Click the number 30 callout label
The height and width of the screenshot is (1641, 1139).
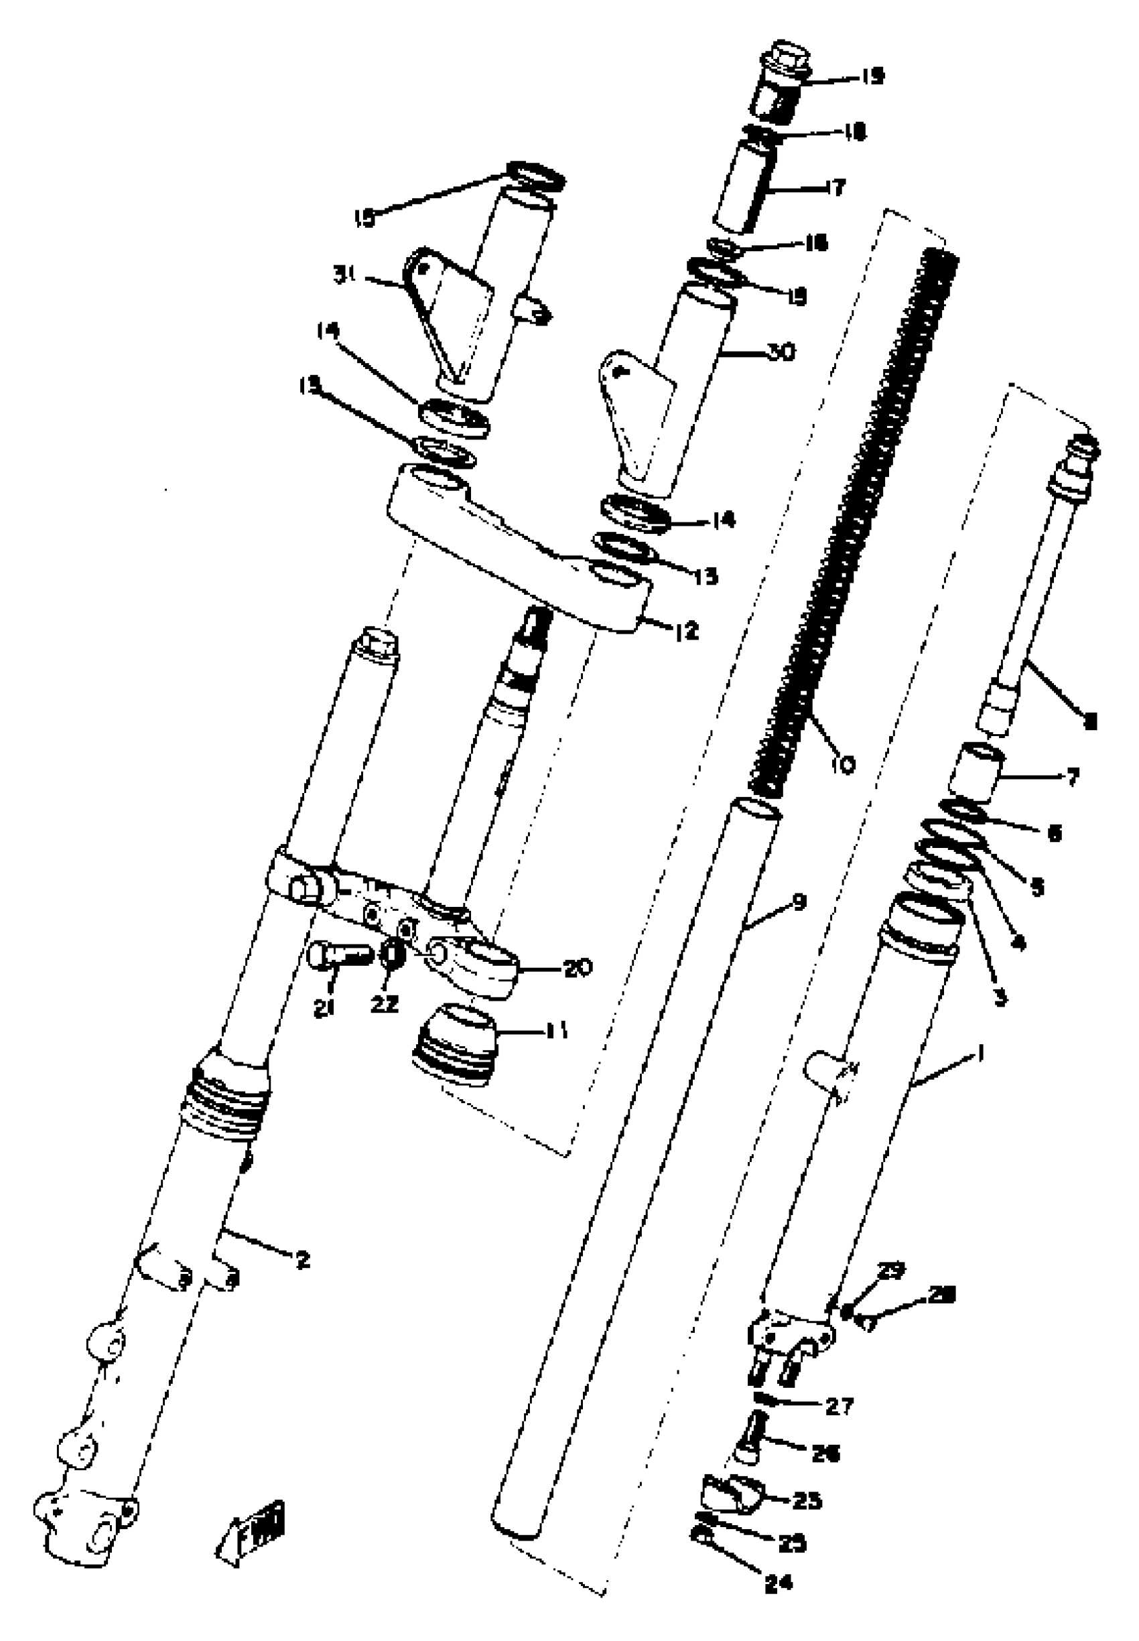(x=782, y=352)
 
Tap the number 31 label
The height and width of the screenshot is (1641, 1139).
(x=346, y=275)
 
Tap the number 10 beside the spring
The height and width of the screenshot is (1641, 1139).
(x=843, y=766)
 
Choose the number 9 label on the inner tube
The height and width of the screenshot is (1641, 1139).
(x=799, y=903)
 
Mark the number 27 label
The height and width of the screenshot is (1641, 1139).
(x=839, y=1407)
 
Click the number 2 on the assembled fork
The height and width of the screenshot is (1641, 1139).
(x=304, y=1261)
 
